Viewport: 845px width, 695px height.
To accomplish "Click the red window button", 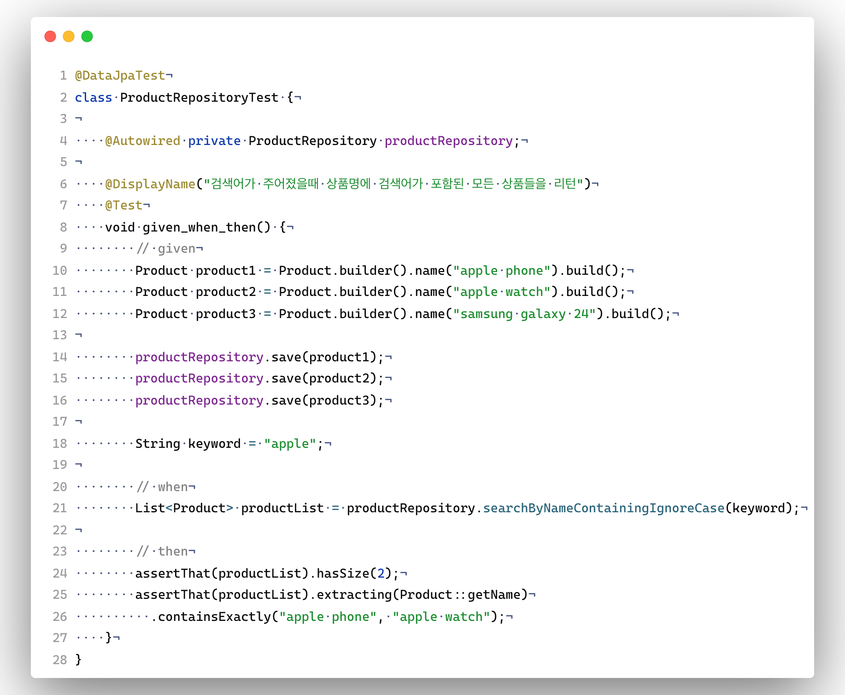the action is coord(50,36).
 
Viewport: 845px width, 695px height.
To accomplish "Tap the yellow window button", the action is coord(69,36).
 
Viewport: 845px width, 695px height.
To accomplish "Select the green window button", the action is coord(87,36).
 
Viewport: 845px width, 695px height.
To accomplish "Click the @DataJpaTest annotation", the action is coord(120,75).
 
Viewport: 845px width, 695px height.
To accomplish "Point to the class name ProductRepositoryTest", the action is coord(200,98).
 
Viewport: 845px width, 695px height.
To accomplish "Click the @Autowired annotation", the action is coord(143,141).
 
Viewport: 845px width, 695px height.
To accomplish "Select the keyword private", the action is coord(214,141).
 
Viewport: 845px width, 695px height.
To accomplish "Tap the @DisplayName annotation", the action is coord(150,184).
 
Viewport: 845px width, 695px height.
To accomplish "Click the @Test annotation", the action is coord(124,205).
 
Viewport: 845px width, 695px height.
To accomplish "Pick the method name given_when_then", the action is coord(200,227).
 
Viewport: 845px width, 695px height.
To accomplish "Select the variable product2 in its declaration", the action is coord(226,292).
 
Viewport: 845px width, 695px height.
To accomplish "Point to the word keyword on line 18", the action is coord(214,444).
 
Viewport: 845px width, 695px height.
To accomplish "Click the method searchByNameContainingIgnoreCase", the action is coord(604,508).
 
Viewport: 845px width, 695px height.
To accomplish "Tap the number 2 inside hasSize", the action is coord(381,573).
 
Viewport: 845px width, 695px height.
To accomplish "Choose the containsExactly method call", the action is coord(215,617).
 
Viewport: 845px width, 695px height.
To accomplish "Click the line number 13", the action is coord(60,335).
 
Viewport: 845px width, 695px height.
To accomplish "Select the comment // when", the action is coord(162,487).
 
